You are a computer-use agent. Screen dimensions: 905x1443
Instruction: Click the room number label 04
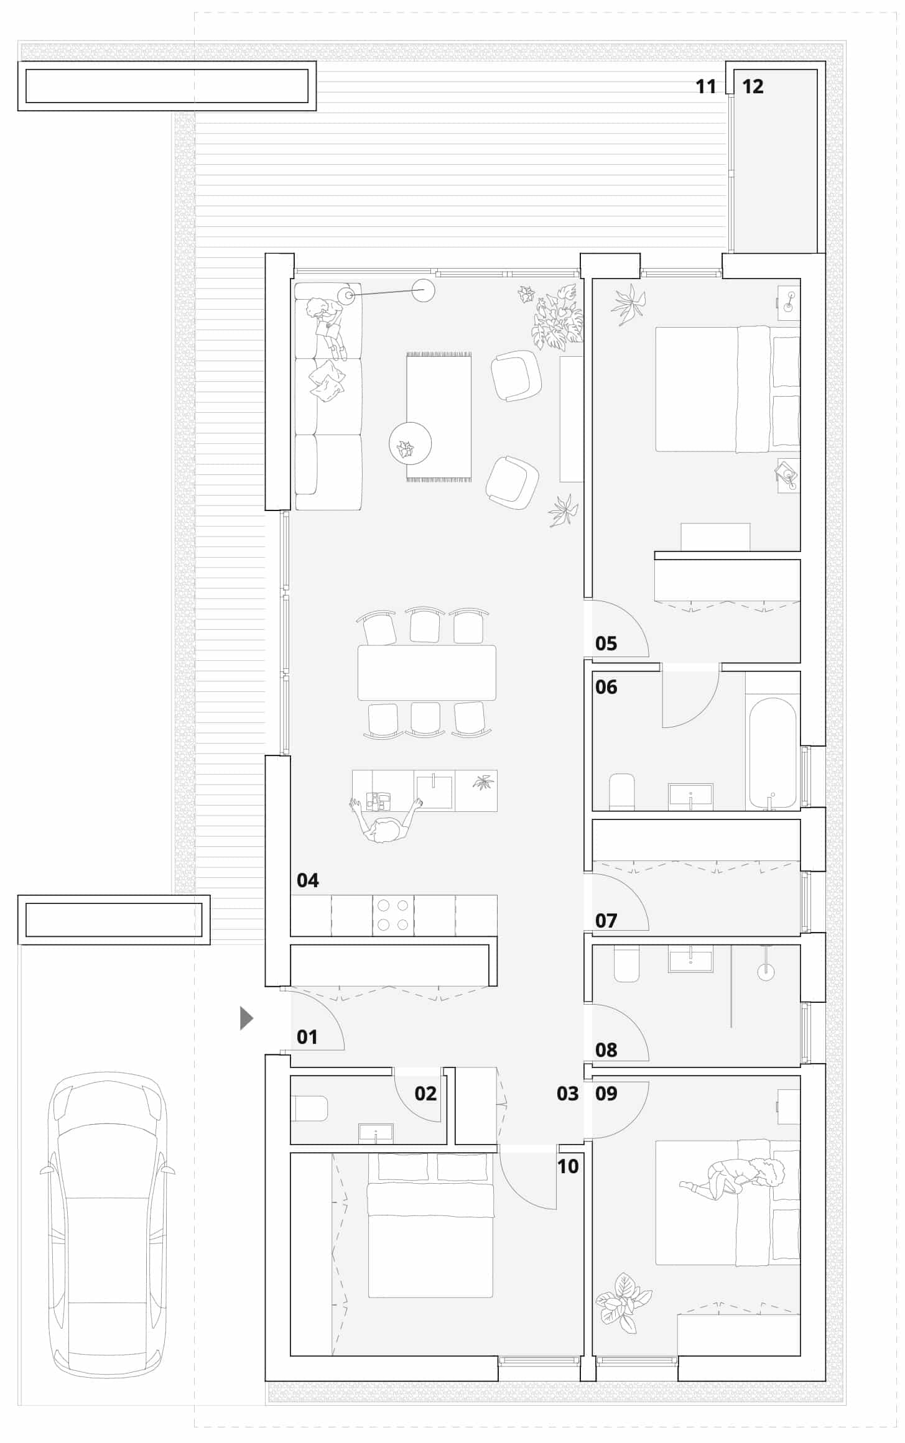point(307,880)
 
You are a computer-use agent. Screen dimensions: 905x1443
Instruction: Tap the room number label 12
point(753,86)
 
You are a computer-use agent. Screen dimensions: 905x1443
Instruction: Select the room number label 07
point(606,920)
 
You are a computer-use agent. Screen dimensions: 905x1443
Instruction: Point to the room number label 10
point(568,1166)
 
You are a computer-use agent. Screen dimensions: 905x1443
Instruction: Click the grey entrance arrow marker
point(246,1018)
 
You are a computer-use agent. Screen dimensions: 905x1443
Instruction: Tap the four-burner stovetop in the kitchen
point(393,915)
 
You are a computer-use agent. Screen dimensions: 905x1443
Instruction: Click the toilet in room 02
point(309,1109)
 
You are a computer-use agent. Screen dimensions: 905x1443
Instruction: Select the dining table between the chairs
point(427,673)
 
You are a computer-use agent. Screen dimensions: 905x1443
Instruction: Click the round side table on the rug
point(410,443)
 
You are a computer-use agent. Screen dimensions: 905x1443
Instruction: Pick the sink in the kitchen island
point(434,791)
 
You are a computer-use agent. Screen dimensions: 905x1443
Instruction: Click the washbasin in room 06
point(690,797)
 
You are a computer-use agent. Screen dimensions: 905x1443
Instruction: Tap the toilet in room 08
point(626,963)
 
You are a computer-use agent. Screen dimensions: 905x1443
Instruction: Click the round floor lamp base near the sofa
point(424,290)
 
